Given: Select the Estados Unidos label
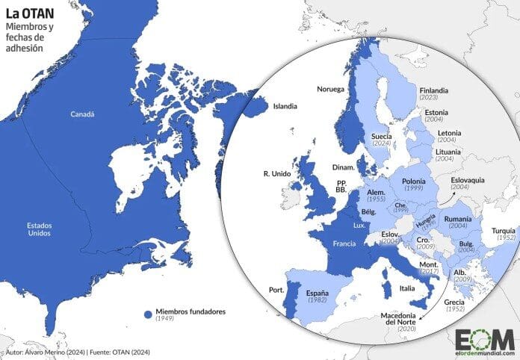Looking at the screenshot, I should point(39,229).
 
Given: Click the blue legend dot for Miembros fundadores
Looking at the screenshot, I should point(149,311).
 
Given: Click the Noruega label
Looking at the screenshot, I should point(330,89).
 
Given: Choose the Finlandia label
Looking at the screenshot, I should point(434,90).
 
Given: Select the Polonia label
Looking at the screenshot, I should point(413,181).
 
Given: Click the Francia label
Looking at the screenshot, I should point(344,243).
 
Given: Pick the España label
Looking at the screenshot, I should point(318,294).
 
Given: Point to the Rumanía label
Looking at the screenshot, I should point(456,218).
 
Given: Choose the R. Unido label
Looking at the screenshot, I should point(276,174).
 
